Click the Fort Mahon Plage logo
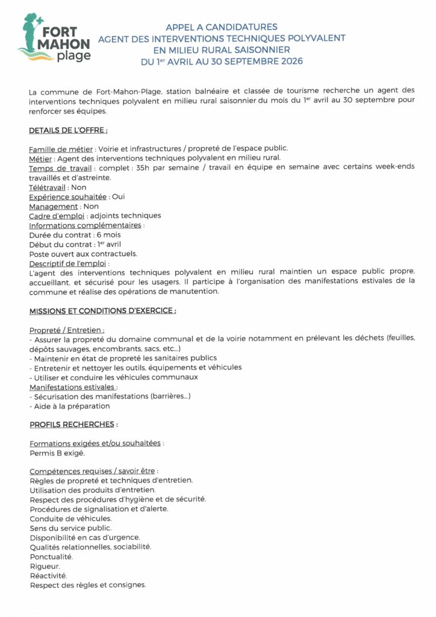pos(55,39)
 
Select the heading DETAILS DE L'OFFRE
pos(68,130)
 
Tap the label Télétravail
pos(47,187)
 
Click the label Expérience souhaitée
pos(68,197)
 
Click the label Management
pos(54,207)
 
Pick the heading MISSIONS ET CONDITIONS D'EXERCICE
pos(102,311)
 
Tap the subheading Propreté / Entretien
pos(66,330)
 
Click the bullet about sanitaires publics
pos(123,359)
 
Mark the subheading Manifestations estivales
pos(73,387)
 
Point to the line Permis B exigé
pos(57,453)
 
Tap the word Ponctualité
pos(51,556)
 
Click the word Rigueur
pos(45,566)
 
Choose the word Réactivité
pos(48,575)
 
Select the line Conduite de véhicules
pos(70,518)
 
